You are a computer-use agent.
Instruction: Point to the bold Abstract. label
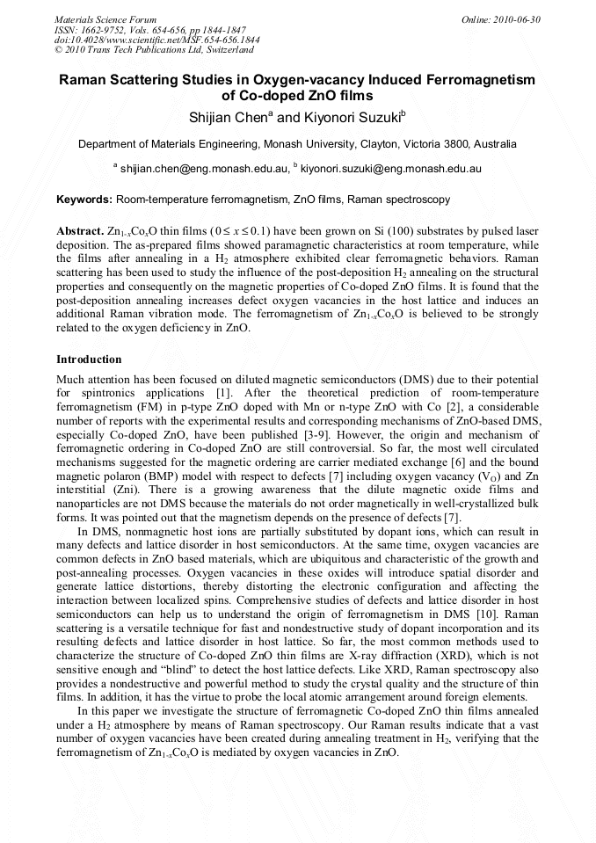80,231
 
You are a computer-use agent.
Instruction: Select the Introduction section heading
89,359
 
